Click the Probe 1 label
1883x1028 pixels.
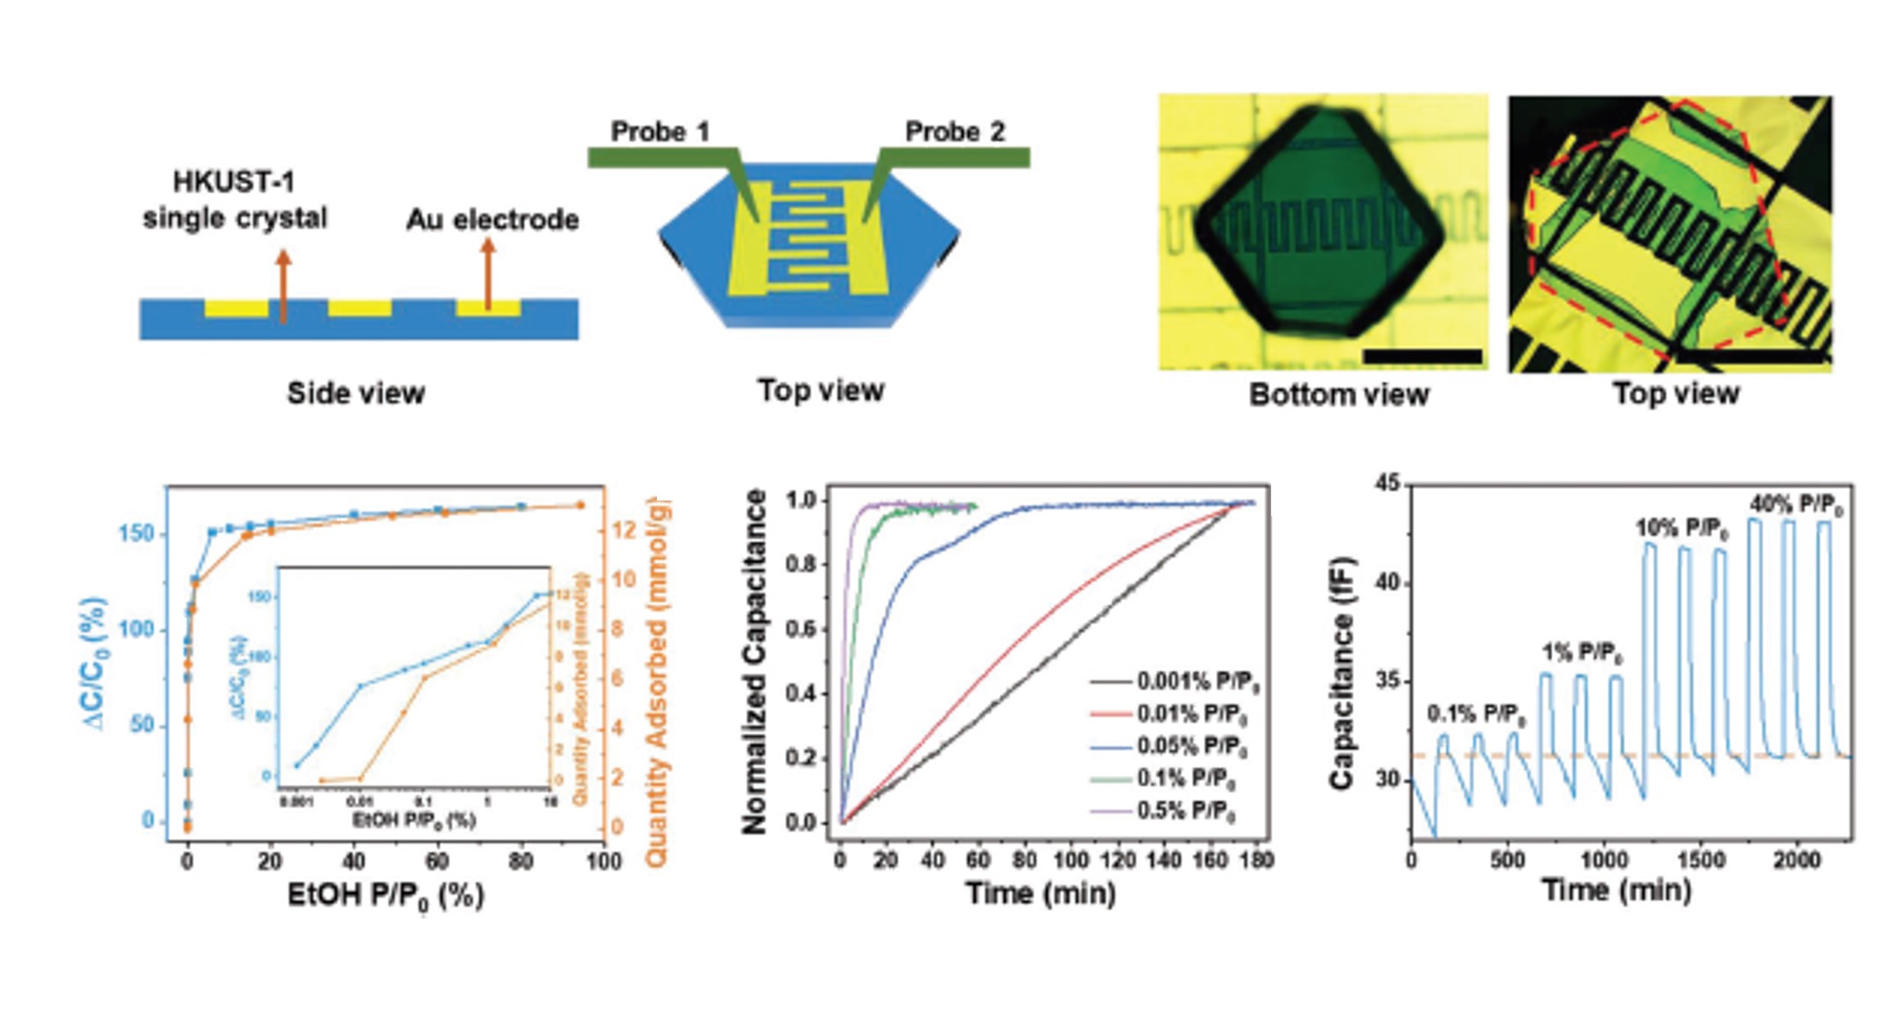659,132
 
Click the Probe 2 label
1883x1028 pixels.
954,132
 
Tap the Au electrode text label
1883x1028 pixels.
492,220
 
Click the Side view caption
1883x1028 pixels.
355,393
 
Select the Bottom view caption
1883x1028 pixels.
1338,395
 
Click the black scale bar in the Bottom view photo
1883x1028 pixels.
1422,356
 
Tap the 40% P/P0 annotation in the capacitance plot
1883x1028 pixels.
1796,505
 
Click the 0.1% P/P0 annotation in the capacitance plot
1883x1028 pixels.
1476,714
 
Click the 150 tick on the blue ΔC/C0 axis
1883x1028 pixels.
136,534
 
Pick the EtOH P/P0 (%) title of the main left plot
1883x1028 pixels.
385,896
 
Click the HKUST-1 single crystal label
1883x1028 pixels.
234,200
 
